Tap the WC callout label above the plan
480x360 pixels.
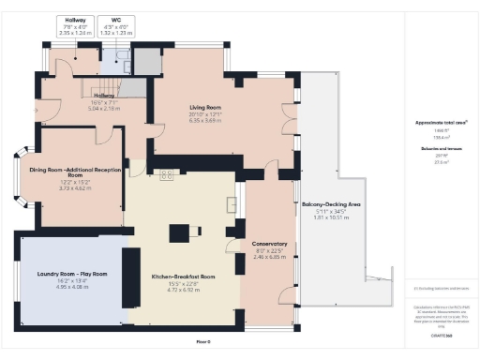click(x=117, y=19)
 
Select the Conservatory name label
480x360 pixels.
click(x=269, y=245)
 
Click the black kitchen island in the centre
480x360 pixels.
click(x=178, y=232)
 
